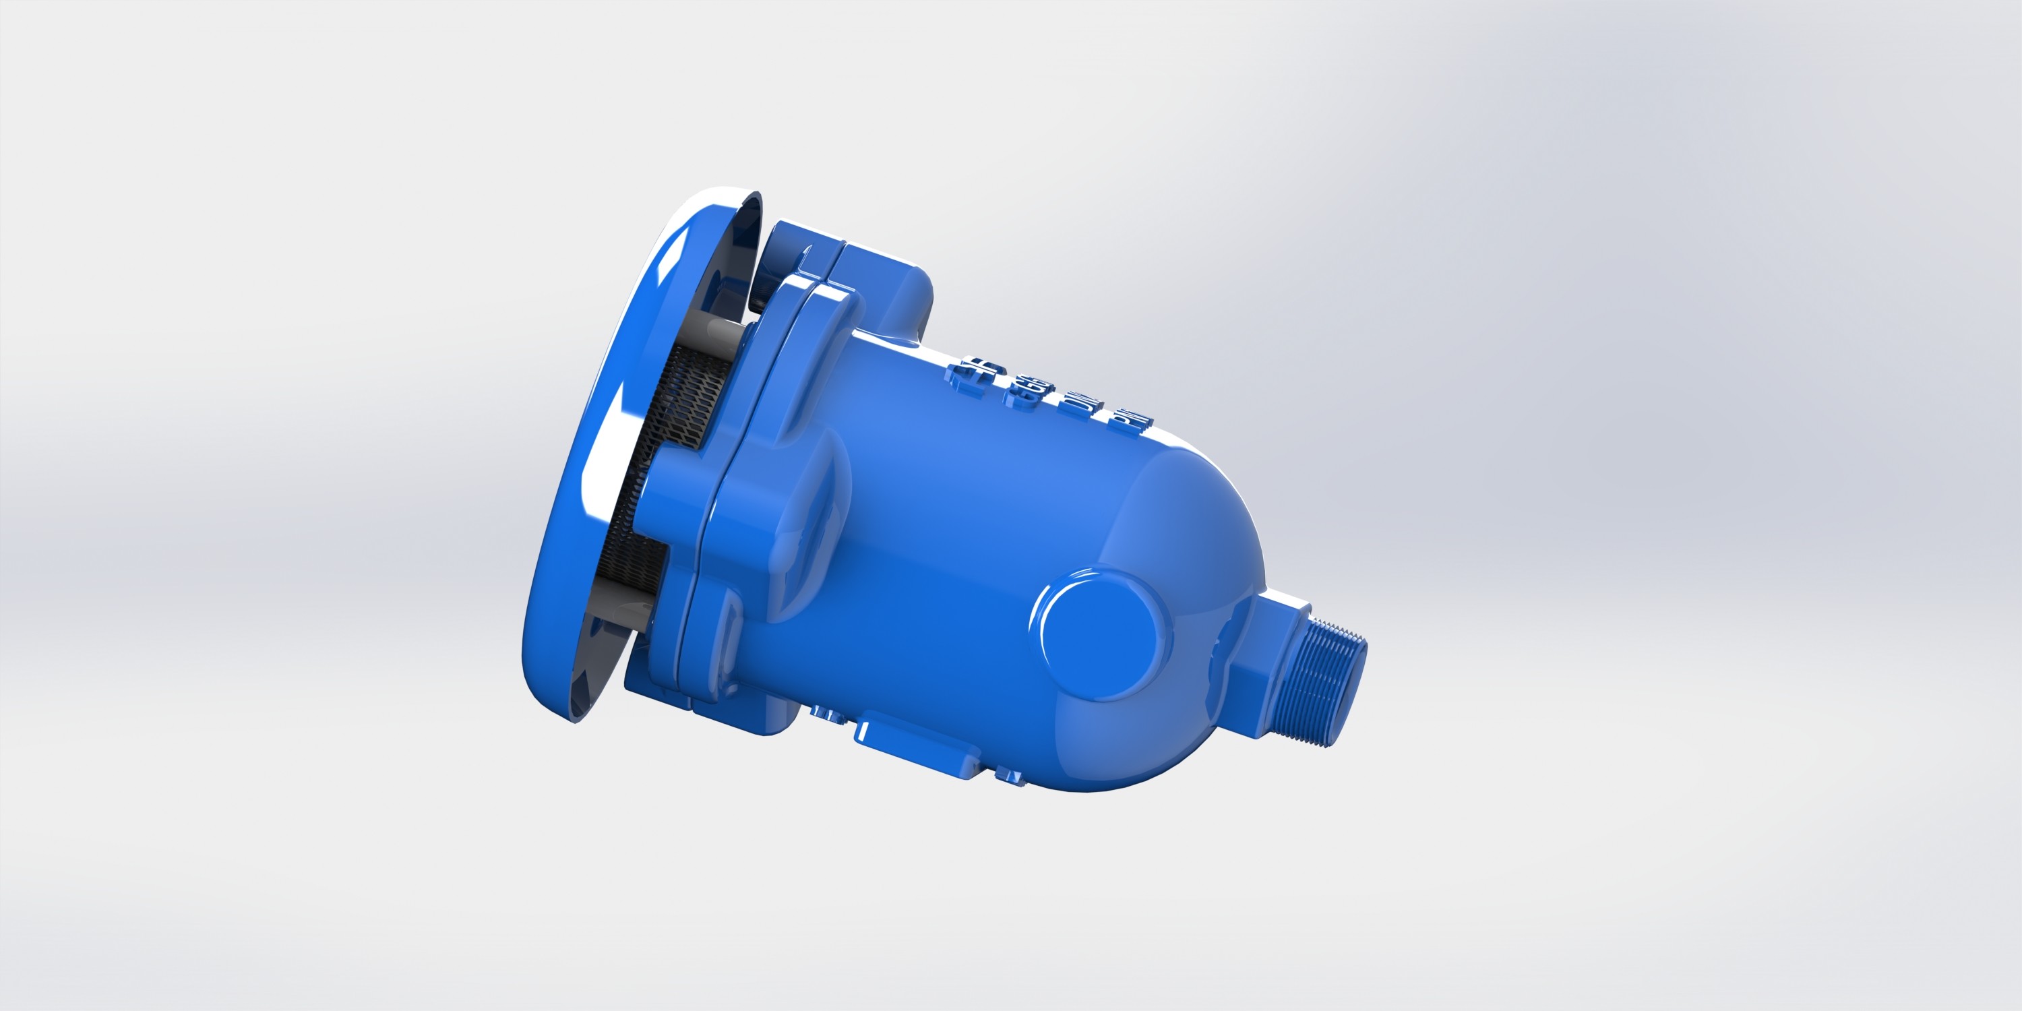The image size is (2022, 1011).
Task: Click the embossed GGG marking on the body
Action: click(x=1029, y=392)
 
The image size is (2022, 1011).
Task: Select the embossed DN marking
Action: click(x=1079, y=409)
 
